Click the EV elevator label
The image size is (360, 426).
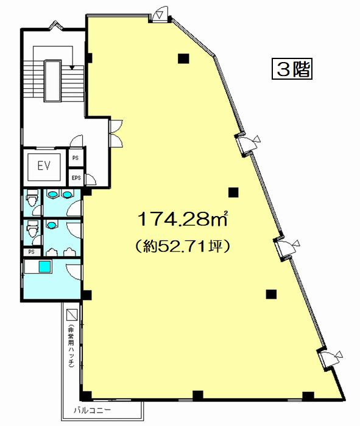point(44,166)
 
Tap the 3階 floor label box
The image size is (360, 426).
point(292,69)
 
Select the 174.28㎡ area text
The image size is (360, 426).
point(183,219)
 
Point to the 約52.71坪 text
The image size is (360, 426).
point(183,246)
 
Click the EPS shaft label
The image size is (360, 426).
point(76,178)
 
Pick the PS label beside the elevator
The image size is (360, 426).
point(76,158)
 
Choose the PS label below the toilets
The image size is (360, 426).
point(32,252)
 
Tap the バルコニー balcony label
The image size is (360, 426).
point(92,410)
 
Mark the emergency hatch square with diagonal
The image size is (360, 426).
point(72,315)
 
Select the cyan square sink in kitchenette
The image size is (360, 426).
point(45,267)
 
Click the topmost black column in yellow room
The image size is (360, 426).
point(183,58)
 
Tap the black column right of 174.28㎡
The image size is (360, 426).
point(233,192)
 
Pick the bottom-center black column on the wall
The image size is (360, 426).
point(198,396)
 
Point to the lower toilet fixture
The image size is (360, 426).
point(32,229)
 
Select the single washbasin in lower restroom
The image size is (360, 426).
point(52,225)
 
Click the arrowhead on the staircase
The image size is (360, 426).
point(72,68)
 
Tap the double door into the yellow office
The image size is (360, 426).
point(116,134)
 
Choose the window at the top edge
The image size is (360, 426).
point(118,17)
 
